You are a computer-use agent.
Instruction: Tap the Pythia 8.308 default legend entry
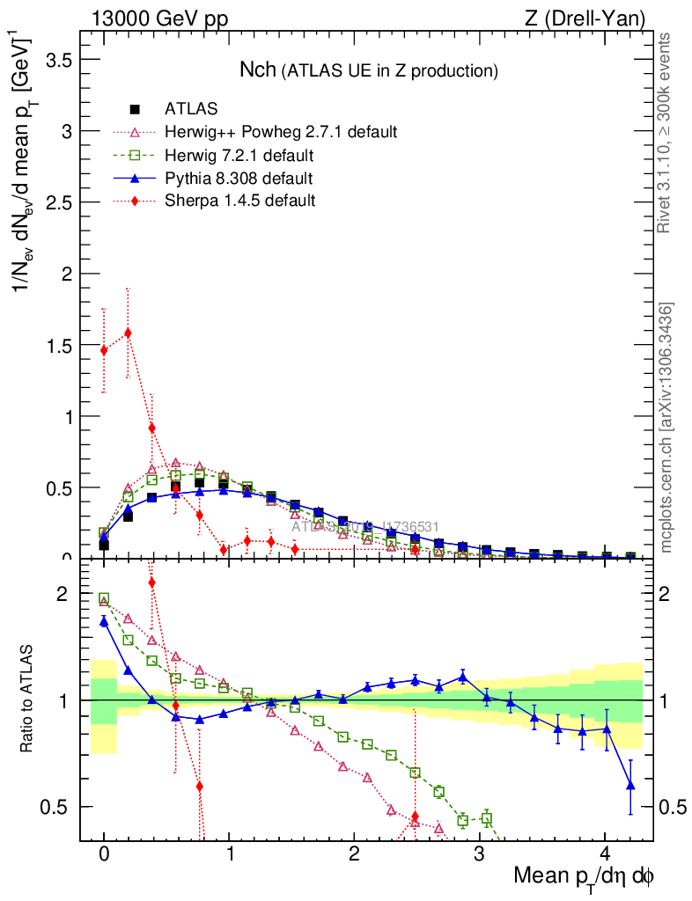239,179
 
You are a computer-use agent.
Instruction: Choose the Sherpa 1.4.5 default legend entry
239,201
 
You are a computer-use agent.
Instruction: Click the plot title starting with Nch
369,70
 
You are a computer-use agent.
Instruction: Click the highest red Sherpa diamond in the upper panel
129,333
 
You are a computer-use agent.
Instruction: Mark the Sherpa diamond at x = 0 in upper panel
104,350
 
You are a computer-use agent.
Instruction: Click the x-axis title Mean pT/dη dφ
584,877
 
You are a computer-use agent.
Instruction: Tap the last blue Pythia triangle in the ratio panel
630,785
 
